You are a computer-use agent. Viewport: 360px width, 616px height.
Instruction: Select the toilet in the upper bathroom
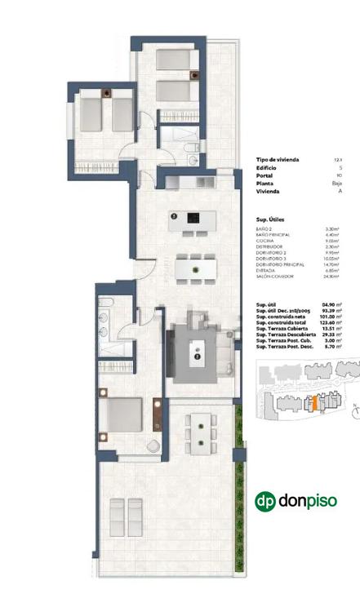pyautogui.click(x=190, y=148)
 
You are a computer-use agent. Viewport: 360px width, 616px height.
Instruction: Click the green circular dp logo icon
pyautogui.click(x=265, y=501)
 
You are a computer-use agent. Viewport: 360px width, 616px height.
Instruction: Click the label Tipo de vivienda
pyautogui.click(x=276, y=160)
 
